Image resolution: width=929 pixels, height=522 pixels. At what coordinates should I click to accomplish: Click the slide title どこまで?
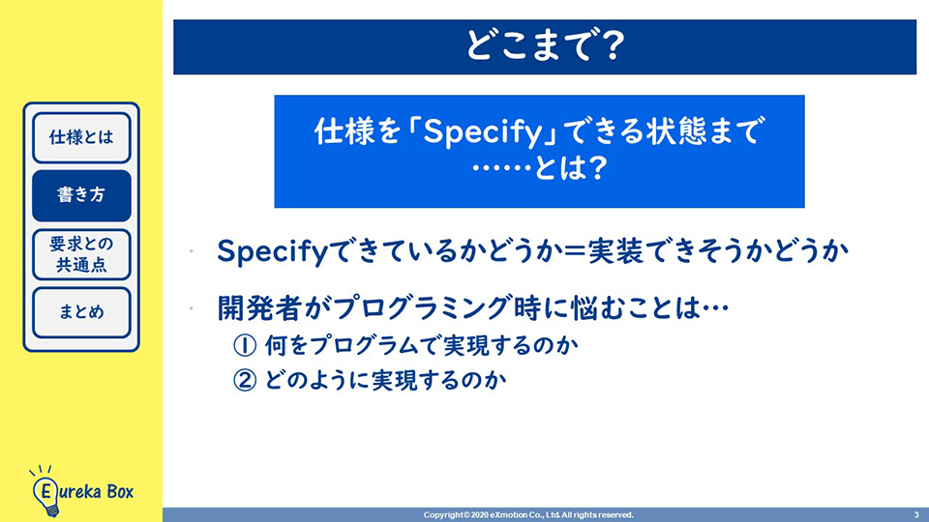(x=545, y=45)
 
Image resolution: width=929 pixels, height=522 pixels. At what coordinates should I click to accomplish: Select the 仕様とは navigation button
(x=81, y=137)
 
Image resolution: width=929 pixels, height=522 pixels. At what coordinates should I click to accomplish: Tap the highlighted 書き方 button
(x=81, y=195)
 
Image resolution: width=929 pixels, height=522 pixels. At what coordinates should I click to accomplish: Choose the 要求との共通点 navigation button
(x=81, y=254)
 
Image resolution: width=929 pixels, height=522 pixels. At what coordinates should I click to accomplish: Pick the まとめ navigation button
(x=81, y=312)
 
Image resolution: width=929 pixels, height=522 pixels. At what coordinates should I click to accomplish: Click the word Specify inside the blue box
(x=483, y=132)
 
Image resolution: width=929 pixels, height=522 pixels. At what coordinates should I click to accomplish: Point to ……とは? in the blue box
(x=539, y=168)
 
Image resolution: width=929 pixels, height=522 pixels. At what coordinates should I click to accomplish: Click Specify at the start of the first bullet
(x=272, y=252)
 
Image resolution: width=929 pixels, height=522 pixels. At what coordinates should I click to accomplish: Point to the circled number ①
(x=245, y=346)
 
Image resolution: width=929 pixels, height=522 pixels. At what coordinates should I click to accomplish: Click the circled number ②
(x=245, y=381)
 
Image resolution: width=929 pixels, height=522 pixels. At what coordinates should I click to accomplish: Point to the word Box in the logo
(x=120, y=491)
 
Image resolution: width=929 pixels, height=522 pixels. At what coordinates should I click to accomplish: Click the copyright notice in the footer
(x=528, y=515)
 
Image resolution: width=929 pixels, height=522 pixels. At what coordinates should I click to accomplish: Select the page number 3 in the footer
(x=916, y=515)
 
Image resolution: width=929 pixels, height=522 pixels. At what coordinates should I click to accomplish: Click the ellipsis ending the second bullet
(x=714, y=308)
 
